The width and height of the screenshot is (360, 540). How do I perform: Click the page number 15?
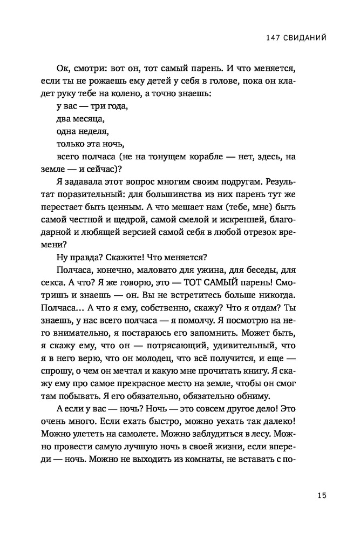[x=322, y=495]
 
